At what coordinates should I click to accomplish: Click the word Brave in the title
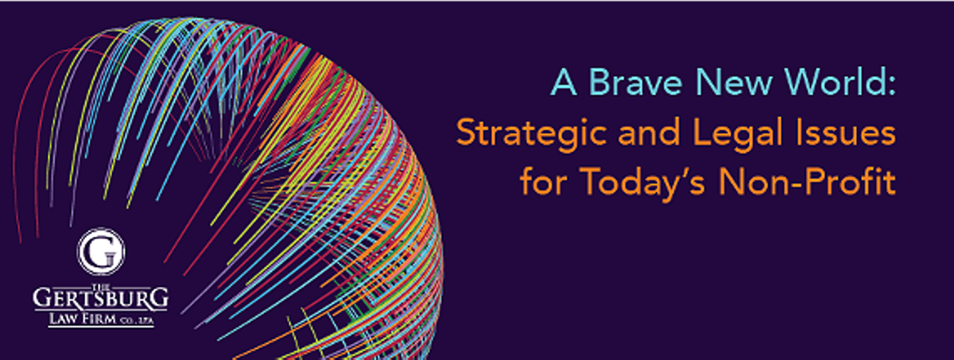click(x=635, y=82)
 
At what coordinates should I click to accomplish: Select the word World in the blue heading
click(x=832, y=82)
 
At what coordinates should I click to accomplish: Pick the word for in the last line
click(x=544, y=182)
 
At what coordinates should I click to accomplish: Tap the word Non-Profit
click(x=808, y=182)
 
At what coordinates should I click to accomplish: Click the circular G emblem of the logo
click(x=101, y=251)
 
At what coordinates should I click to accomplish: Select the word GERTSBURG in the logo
click(x=100, y=298)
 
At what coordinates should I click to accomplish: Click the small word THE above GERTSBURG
click(x=101, y=285)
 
